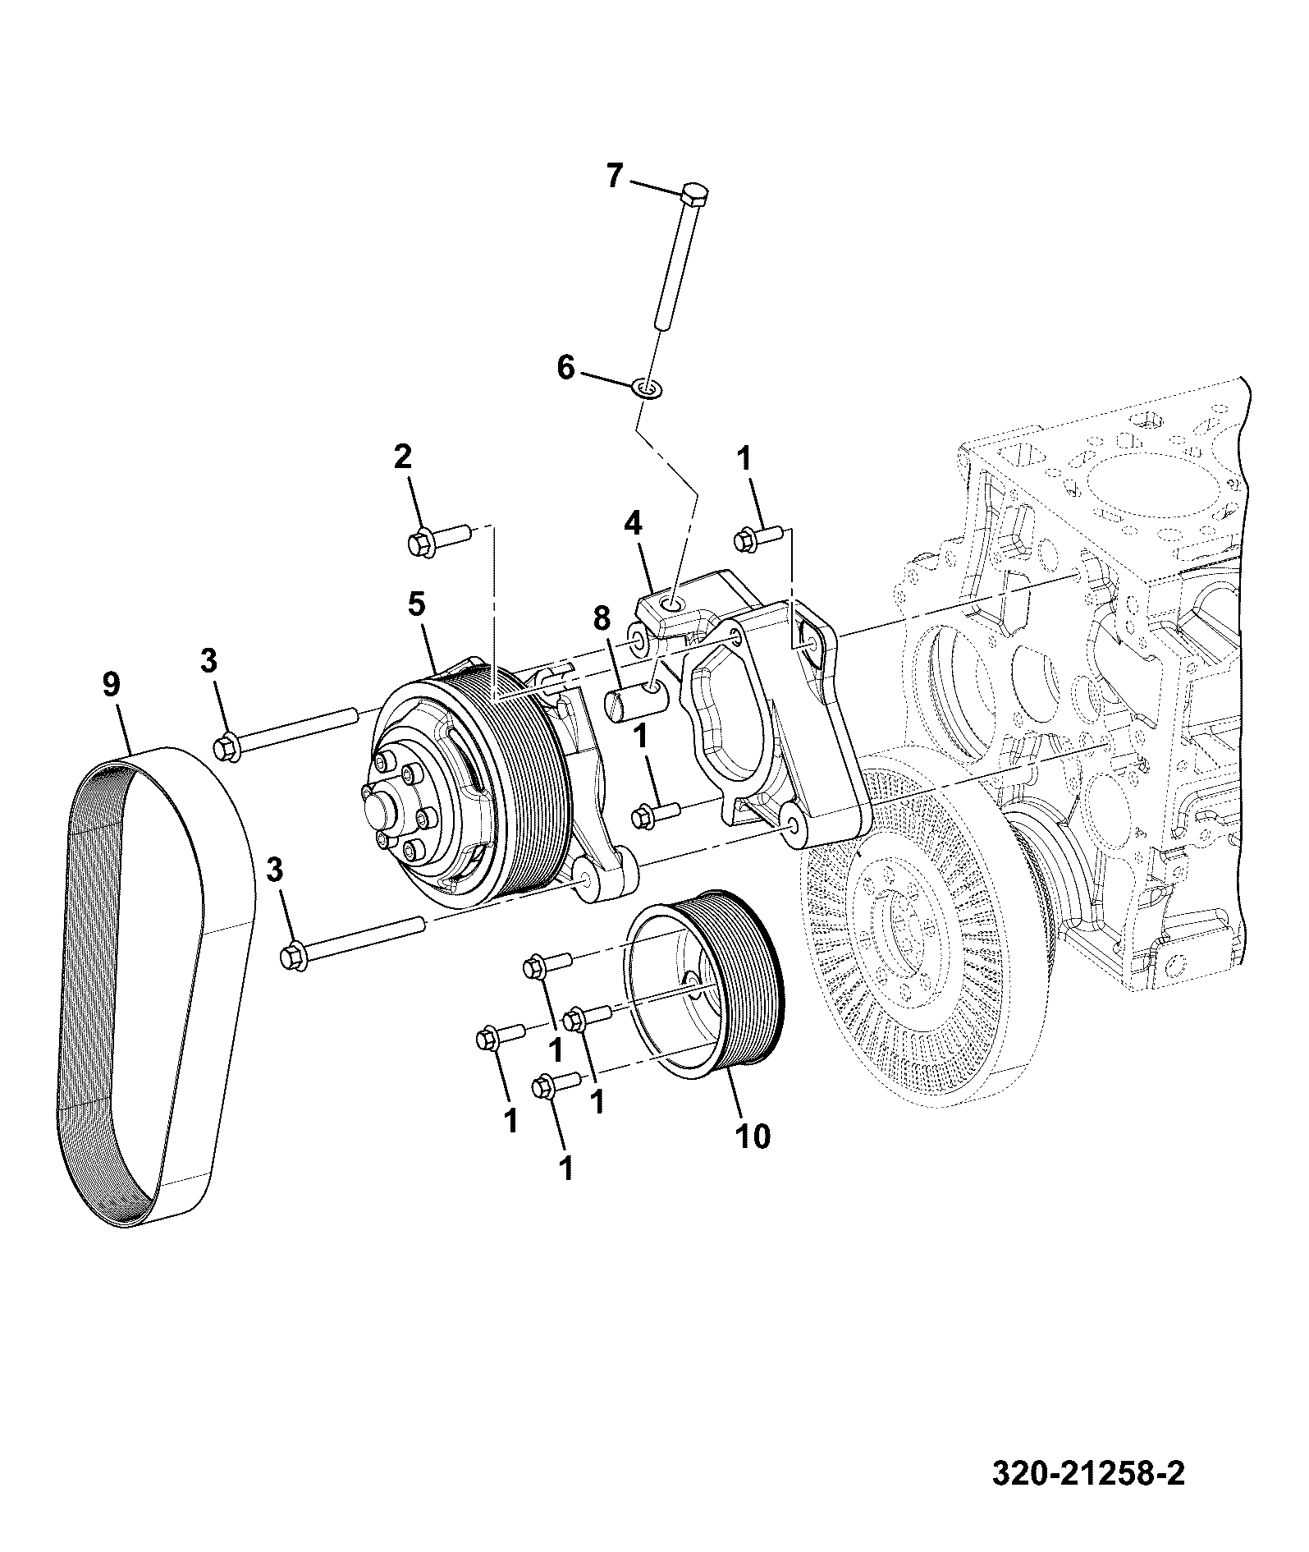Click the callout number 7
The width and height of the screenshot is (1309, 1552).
pos(615,176)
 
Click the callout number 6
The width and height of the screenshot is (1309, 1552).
pos(566,368)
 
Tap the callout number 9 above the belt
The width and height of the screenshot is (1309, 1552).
pos(112,683)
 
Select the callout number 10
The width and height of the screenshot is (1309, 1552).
pos(753,1136)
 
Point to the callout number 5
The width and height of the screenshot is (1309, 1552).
pos(416,604)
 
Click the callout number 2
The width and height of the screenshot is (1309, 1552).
pos(402,457)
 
